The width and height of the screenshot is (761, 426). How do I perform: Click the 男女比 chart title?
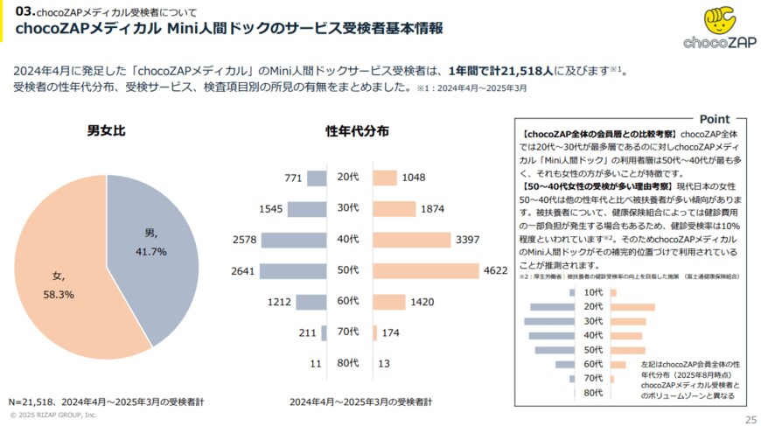[106, 131]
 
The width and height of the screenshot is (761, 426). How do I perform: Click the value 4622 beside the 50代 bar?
[495, 270]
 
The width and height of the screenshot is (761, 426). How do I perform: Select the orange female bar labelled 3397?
[412, 240]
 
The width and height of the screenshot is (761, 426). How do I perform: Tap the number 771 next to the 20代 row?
[293, 178]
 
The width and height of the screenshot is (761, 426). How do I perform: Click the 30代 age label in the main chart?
[348, 208]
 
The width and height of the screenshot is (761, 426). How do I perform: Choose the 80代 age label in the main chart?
[348, 363]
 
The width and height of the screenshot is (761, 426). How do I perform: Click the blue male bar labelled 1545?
[307, 208]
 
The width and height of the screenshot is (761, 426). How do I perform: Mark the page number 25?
[750, 419]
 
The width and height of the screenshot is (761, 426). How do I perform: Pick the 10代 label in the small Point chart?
[593, 292]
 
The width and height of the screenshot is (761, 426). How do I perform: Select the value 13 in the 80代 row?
[384, 363]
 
